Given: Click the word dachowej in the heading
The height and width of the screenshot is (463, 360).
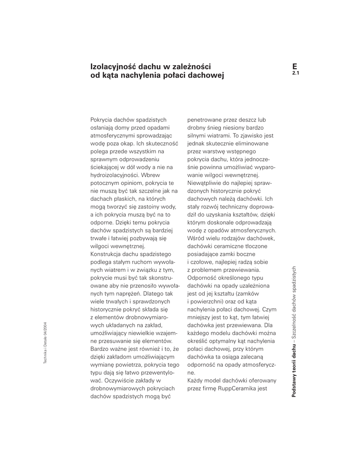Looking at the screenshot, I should pyautogui.click(x=206, y=75).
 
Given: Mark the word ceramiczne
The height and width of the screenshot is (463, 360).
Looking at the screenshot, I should pyautogui.click(x=229, y=247).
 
